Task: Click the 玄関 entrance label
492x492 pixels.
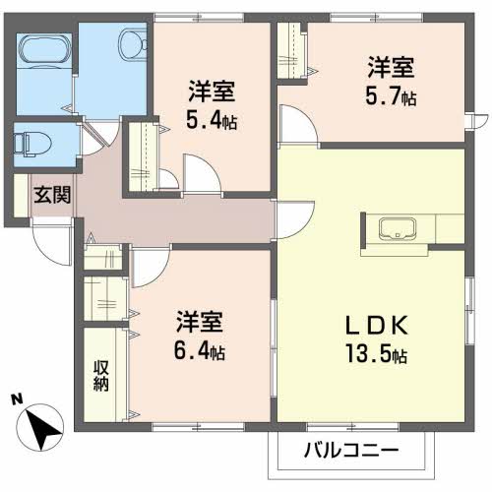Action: tap(52, 195)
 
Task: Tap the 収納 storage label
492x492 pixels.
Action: tap(100, 376)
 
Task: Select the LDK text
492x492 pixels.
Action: tap(377, 325)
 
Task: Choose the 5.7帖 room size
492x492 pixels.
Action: tap(391, 95)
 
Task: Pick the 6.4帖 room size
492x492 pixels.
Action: tap(199, 350)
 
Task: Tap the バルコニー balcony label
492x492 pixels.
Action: tap(351, 450)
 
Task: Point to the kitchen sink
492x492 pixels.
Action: tap(398, 228)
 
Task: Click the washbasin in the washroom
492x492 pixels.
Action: tap(134, 44)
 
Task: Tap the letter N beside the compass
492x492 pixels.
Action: tap(17, 400)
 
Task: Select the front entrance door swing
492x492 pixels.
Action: tap(52, 243)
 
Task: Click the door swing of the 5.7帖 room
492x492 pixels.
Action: tap(298, 124)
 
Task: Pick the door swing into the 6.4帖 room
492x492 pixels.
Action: tap(151, 268)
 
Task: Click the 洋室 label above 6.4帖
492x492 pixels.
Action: tap(200, 322)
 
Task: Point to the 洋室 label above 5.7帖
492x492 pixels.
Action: tap(391, 67)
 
